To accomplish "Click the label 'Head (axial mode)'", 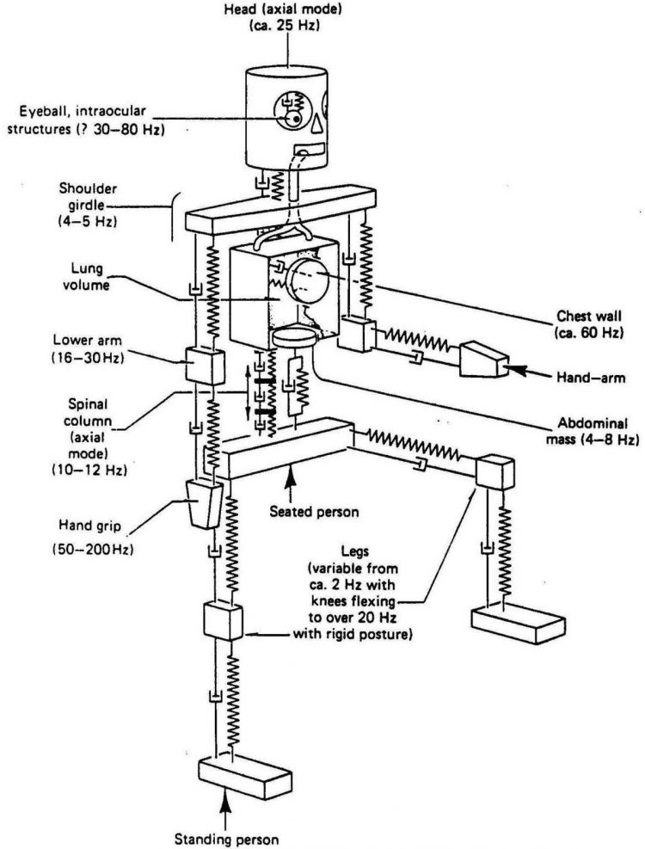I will [x=287, y=10].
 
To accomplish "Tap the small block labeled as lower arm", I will [x=200, y=366].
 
